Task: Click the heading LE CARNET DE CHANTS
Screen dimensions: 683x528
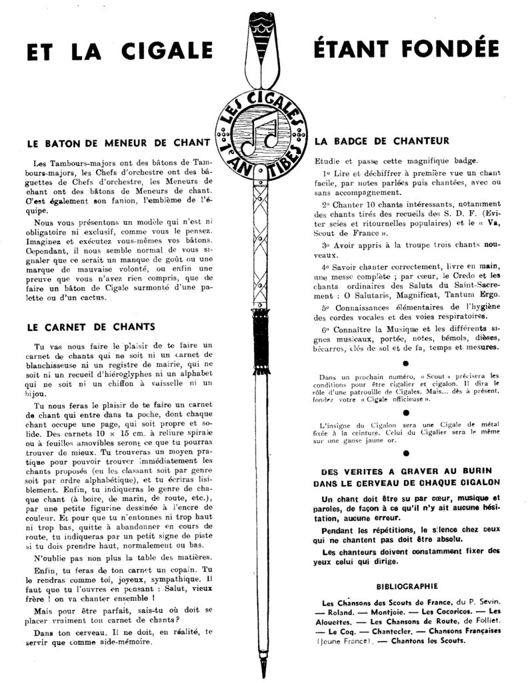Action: [91, 327]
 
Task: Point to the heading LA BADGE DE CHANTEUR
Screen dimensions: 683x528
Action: [382, 141]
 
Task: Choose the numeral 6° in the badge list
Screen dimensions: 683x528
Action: [325, 329]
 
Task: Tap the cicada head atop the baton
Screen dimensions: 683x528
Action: [262, 27]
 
